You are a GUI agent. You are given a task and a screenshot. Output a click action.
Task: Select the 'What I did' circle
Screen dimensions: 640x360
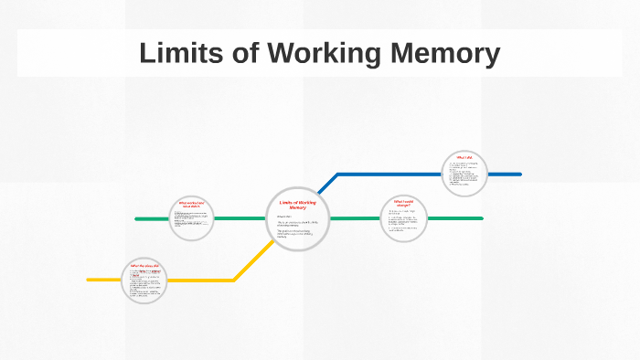tap(464, 174)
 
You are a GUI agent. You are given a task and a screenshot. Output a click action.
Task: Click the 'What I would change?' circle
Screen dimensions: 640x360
tap(403, 219)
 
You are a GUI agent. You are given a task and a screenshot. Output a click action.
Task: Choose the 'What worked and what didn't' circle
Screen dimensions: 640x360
tap(192, 218)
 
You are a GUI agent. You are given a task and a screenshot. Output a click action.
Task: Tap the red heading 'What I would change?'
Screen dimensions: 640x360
tap(403, 203)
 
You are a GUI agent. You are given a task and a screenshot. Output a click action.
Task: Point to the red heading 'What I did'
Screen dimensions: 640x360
tap(464, 157)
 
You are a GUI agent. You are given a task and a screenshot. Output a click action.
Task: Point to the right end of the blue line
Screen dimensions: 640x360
tap(519, 174)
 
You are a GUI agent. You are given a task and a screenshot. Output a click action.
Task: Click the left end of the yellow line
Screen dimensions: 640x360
tap(89, 280)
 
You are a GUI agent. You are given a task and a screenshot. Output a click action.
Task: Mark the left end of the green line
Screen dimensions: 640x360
tap(137, 219)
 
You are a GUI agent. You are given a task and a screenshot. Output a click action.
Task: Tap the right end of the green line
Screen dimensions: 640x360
tap(481, 218)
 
